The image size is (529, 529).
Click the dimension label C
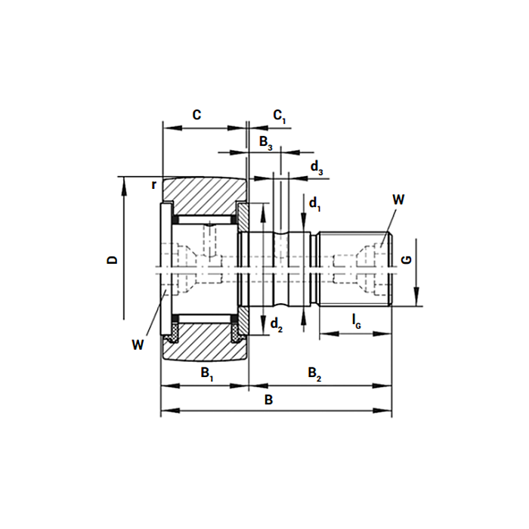point(196,115)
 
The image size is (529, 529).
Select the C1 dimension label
point(280,116)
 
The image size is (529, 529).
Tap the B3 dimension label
point(266,142)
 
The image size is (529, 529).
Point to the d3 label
point(317,169)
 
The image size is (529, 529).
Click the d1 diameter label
point(315,204)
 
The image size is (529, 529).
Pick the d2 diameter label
point(277,326)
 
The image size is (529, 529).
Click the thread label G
point(407,259)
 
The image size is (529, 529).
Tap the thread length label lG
point(356,322)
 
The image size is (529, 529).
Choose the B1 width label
point(206,373)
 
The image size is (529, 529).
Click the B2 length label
point(314,373)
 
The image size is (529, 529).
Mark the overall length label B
point(268,400)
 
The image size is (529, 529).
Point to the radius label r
point(153,184)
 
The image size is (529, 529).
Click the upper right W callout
point(398,200)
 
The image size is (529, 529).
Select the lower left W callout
point(137,345)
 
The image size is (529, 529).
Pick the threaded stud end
point(355,268)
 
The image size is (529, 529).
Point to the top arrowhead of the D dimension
point(122,182)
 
